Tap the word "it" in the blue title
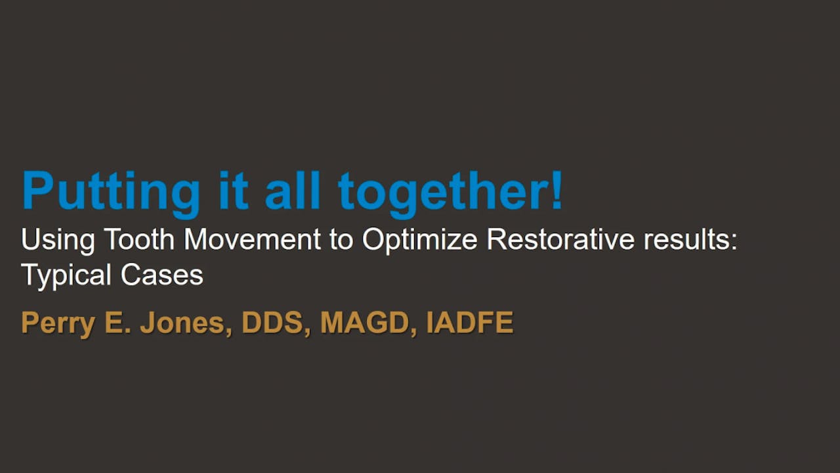(x=232, y=191)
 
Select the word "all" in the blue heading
(x=293, y=191)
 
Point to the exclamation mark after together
(x=556, y=191)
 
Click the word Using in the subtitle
(x=57, y=240)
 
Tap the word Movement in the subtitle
(x=252, y=240)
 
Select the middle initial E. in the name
(x=115, y=323)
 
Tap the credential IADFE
(x=470, y=323)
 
